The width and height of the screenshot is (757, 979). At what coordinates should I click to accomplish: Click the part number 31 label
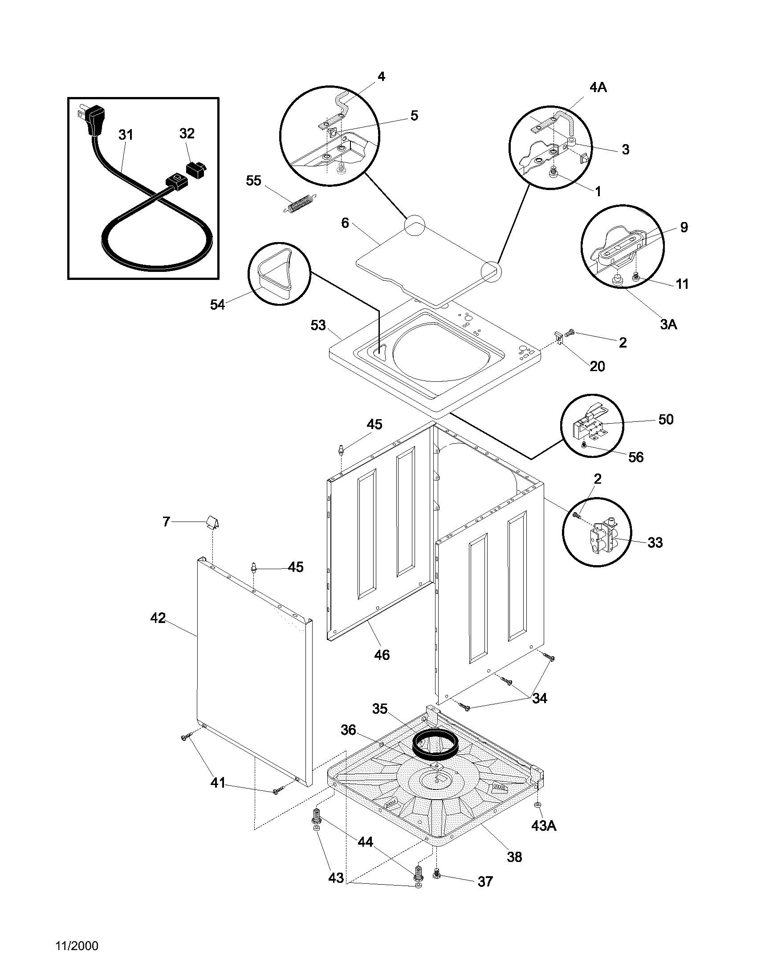[x=126, y=134]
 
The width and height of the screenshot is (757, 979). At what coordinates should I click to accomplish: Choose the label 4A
[x=598, y=88]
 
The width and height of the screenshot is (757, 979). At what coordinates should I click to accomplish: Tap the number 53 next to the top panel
[x=318, y=325]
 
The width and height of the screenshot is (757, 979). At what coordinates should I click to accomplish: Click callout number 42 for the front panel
[x=158, y=618]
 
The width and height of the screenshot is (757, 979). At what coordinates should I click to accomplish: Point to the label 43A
[x=544, y=825]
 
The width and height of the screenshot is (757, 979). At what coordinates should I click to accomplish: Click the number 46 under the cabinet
[x=382, y=655]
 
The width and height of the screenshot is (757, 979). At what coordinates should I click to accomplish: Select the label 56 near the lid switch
[x=636, y=457]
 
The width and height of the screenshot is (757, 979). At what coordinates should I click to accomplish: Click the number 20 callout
[x=597, y=366]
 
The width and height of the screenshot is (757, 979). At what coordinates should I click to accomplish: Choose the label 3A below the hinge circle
[x=668, y=324]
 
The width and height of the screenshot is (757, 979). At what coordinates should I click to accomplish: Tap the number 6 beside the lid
[x=345, y=223]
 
